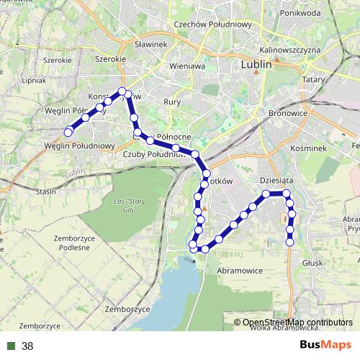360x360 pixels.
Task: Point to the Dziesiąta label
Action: pos(276,181)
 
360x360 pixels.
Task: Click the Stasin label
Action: pos(46,192)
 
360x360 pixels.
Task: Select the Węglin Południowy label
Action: pos(79,146)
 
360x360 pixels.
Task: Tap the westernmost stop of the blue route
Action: pos(68,132)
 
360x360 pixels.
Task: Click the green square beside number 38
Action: pos(11,346)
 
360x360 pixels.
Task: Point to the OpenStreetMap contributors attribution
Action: pos(297,323)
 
